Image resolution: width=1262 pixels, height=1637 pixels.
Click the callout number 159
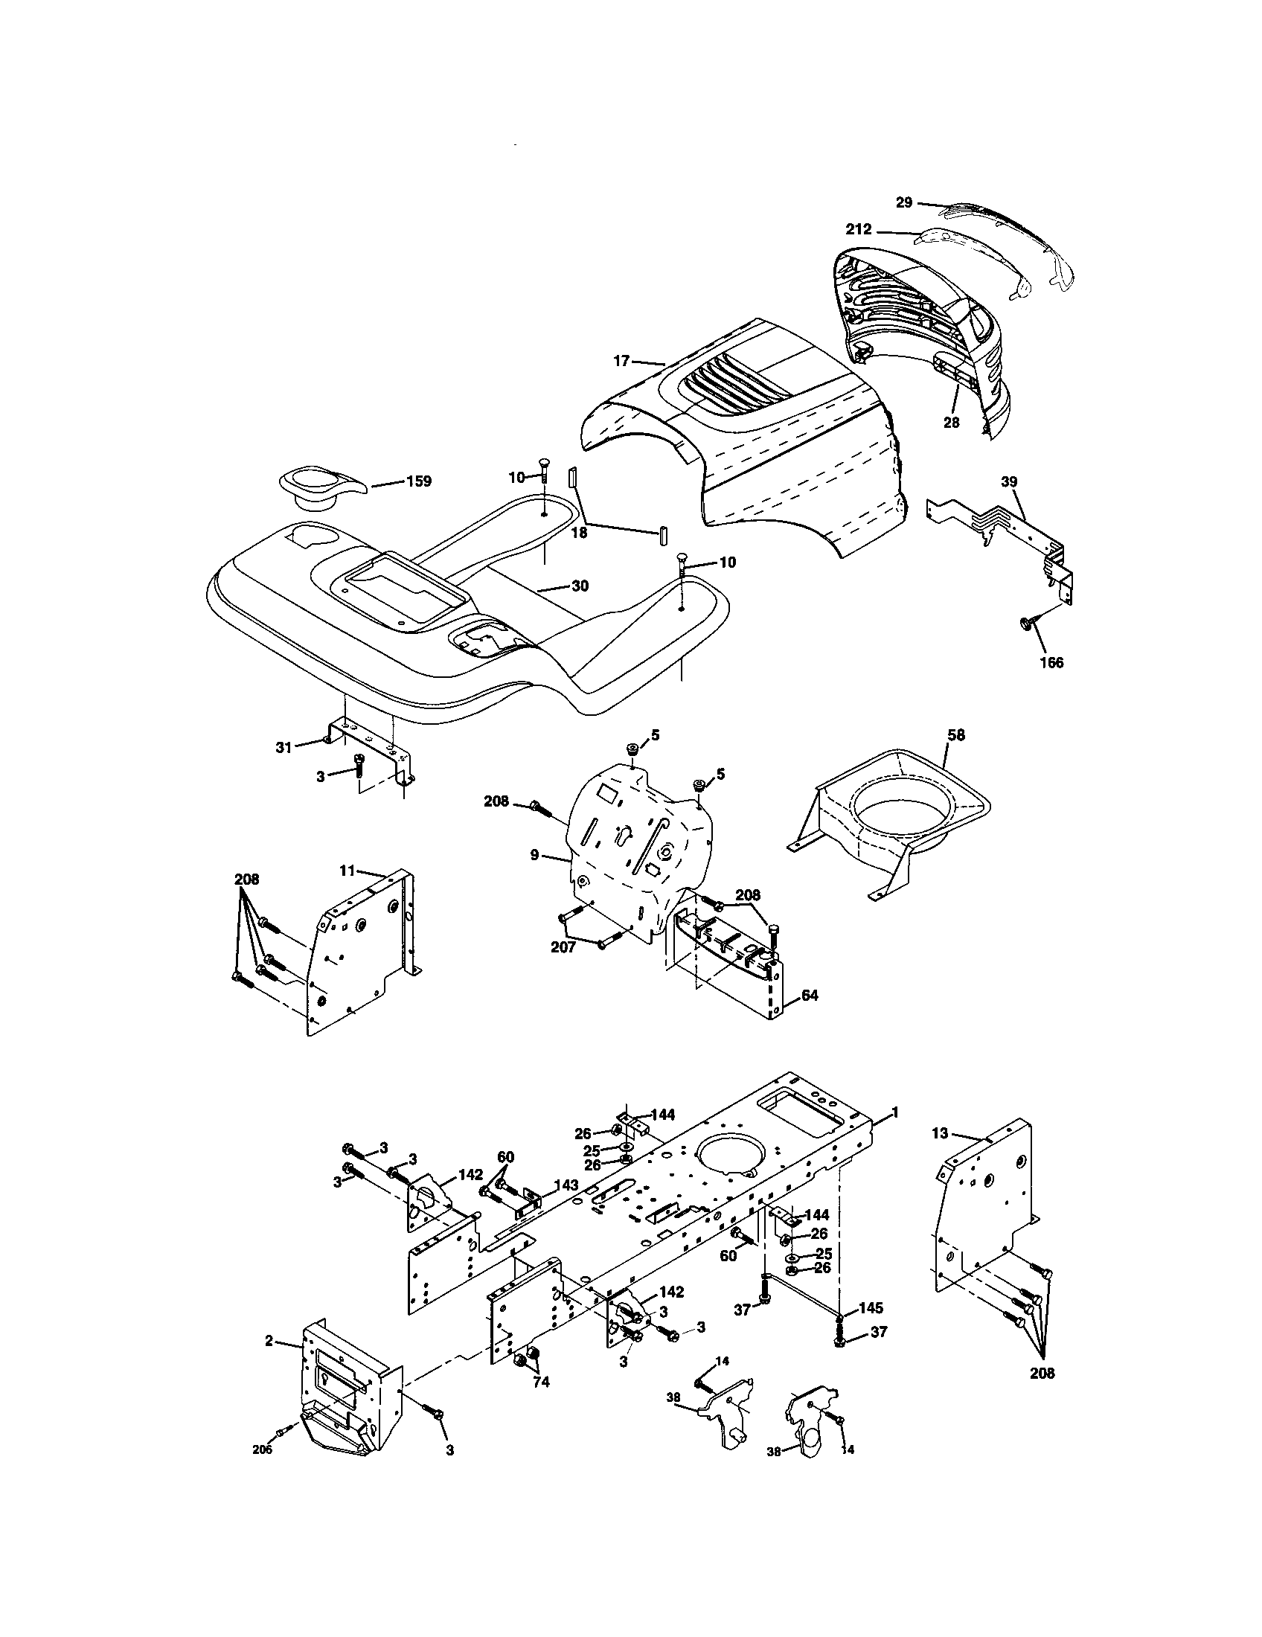coord(418,481)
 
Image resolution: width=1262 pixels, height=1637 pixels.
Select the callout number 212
coord(859,229)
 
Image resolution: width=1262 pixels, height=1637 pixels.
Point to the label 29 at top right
coord(905,202)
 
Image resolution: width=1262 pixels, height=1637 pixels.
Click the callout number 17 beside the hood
coord(621,361)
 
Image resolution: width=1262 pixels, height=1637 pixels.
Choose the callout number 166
coord(1052,662)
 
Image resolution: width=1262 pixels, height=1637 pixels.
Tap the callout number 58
coord(957,735)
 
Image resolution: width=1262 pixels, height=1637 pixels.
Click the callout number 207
coord(563,947)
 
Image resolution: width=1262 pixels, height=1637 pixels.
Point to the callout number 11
coord(346,871)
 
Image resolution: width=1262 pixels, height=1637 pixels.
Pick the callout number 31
coord(284,746)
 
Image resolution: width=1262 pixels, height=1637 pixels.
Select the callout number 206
coord(262,1470)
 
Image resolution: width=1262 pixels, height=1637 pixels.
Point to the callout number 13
coord(941,1155)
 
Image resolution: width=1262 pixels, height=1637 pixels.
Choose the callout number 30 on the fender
coord(580,586)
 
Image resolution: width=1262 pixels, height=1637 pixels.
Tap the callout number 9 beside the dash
coord(534,854)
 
